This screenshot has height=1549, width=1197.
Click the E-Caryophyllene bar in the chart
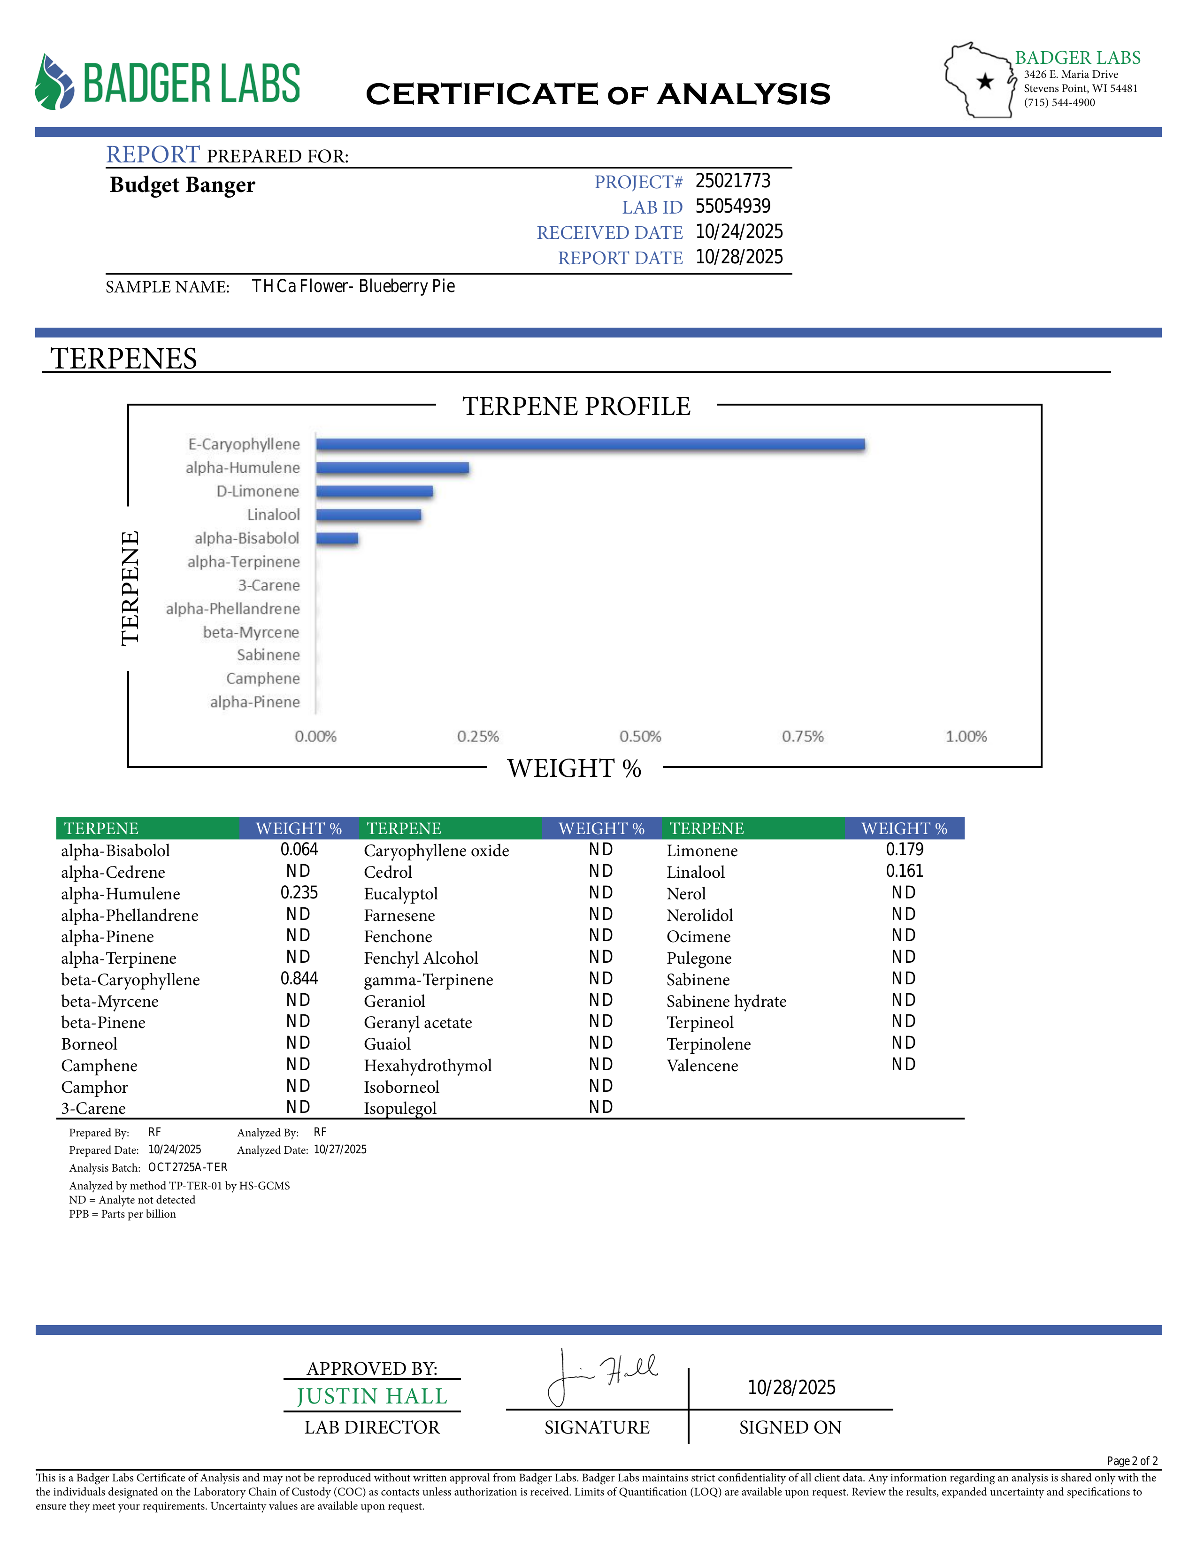590,445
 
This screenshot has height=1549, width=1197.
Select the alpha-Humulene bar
392,468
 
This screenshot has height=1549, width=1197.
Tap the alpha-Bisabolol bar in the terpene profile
337,538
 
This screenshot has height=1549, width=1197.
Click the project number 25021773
733,182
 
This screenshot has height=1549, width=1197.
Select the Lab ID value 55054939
733,207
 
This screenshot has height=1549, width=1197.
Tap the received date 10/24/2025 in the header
739,232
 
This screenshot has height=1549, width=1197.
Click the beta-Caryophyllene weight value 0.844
299,979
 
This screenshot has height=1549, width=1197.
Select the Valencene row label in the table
702,1066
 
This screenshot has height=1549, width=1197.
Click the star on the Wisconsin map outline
985,82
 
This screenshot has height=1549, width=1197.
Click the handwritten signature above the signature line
603,1377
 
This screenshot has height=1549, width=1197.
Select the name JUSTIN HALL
372,1396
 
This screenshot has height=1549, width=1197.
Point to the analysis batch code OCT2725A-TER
188,1167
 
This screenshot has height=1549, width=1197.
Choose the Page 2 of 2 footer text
1132,1461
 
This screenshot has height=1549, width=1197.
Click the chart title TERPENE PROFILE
576,406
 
